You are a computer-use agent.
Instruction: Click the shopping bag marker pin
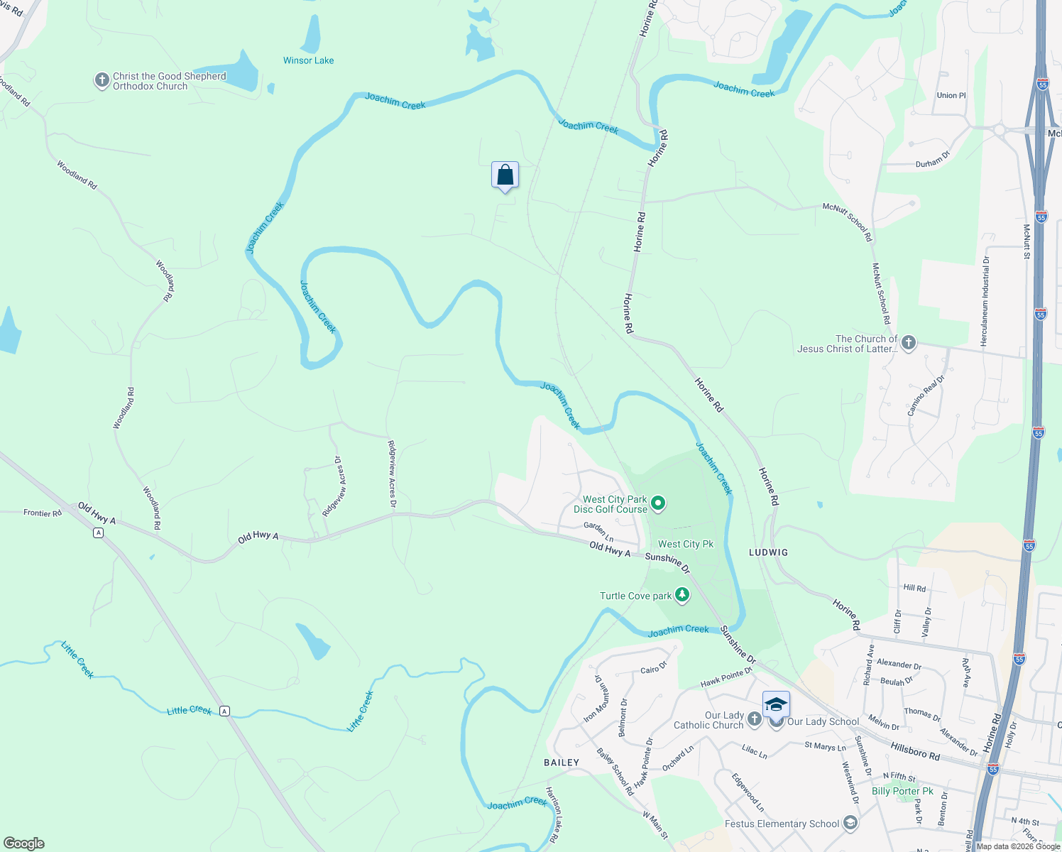[x=505, y=175]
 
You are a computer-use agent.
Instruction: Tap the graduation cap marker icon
[x=776, y=704]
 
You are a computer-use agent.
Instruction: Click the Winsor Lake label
[x=308, y=60]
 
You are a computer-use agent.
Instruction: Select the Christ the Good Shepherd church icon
[x=102, y=80]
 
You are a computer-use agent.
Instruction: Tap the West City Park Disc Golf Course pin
[x=658, y=503]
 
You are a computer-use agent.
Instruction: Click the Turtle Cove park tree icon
[x=682, y=595]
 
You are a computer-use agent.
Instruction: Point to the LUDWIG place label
[x=768, y=552]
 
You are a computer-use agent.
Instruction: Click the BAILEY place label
[x=562, y=763]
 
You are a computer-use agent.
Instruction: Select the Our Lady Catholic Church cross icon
[x=754, y=720]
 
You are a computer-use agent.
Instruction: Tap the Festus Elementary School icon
[x=850, y=824]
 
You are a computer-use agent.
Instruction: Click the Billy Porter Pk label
[x=902, y=791]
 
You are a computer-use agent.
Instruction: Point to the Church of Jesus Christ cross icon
[x=908, y=344]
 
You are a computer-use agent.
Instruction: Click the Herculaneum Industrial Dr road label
[x=985, y=302]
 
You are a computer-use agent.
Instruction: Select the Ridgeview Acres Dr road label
[x=392, y=474]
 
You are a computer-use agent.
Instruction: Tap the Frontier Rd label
[x=43, y=513]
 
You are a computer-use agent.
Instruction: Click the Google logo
[x=23, y=843]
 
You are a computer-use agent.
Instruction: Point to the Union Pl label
[x=951, y=95]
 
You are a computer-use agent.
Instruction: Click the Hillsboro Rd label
[x=915, y=752]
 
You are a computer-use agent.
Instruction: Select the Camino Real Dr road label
[x=926, y=395]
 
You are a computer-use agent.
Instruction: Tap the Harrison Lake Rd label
[x=554, y=814]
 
